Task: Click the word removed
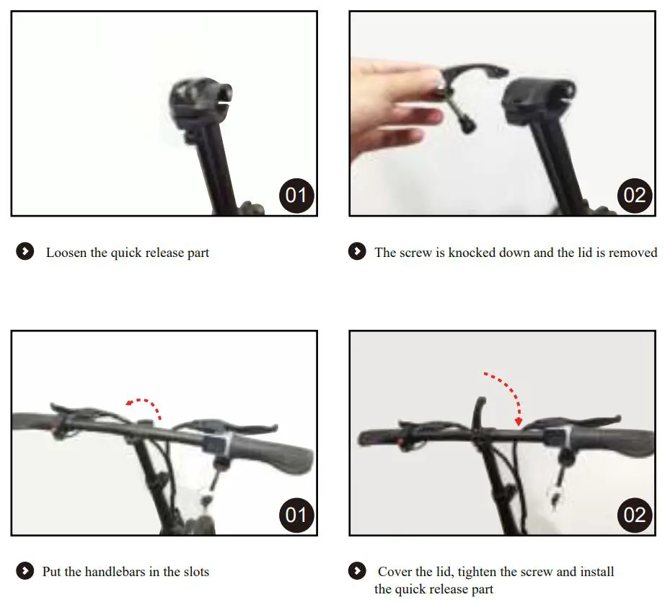pos(633,253)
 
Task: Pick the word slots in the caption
pos(193,572)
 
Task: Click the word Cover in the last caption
pos(395,572)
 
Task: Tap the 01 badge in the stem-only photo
pos(296,195)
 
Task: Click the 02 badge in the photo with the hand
pos(634,195)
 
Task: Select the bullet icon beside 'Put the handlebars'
pos(25,572)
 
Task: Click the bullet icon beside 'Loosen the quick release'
pos(25,252)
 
